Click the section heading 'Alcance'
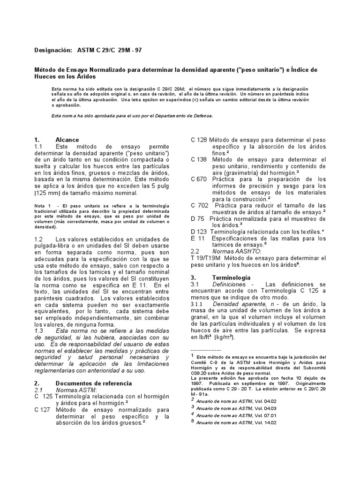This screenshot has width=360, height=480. (x=67, y=140)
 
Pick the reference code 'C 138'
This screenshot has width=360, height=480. (x=199, y=159)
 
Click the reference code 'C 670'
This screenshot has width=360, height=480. (x=199, y=179)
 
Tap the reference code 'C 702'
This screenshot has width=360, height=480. (x=199, y=205)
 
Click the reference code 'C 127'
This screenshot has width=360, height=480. (x=43, y=409)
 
